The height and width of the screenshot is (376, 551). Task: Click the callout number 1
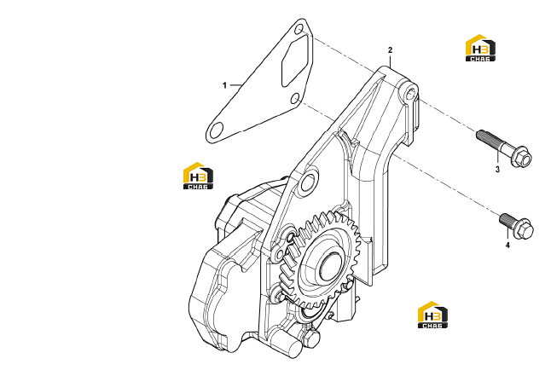click(224, 85)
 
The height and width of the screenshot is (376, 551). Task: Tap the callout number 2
click(390, 50)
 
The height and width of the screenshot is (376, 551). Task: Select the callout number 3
click(497, 170)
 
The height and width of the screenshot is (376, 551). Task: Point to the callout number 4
click(507, 245)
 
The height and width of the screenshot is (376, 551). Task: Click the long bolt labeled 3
click(503, 148)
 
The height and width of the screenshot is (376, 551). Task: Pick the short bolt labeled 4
click(516, 226)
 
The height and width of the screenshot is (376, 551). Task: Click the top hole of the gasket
click(299, 29)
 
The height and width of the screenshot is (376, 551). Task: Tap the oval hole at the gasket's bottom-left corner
click(217, 130)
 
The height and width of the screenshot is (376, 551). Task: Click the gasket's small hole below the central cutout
click(295, 98)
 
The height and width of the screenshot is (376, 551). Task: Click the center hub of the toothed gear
click(330, 266)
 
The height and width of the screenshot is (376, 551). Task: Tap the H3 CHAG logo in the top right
click(480, 48)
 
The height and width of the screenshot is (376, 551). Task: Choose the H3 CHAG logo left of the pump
click(198, 176)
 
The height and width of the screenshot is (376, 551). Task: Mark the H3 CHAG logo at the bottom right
click(432, 315)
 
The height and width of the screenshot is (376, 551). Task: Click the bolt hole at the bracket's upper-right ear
click(410, 94)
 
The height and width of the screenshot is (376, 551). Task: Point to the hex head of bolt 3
click(521, 159)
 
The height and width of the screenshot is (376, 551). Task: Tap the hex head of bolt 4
click(525, 229)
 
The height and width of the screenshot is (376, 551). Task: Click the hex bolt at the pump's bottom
click(311, 338)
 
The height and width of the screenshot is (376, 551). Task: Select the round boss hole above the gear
click(309, 182)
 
